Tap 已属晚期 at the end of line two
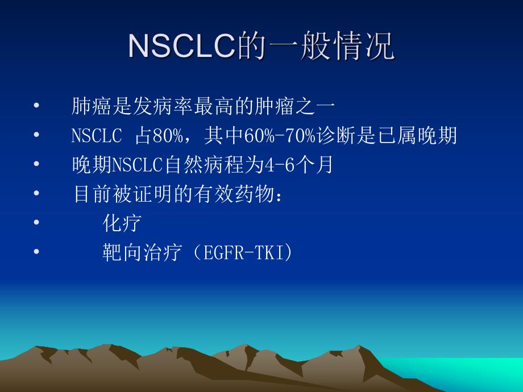[427, 136]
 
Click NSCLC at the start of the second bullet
[97, 136]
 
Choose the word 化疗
[122, 223]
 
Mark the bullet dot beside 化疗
[37, 223]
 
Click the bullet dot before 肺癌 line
[37, 106]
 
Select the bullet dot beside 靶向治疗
[37, 253]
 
